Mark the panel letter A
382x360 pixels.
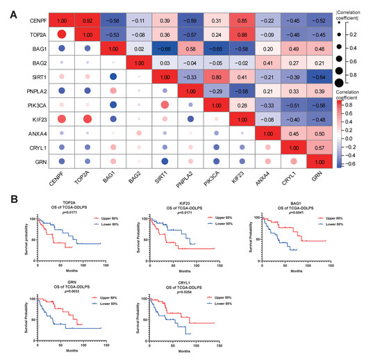coord(6,8)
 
